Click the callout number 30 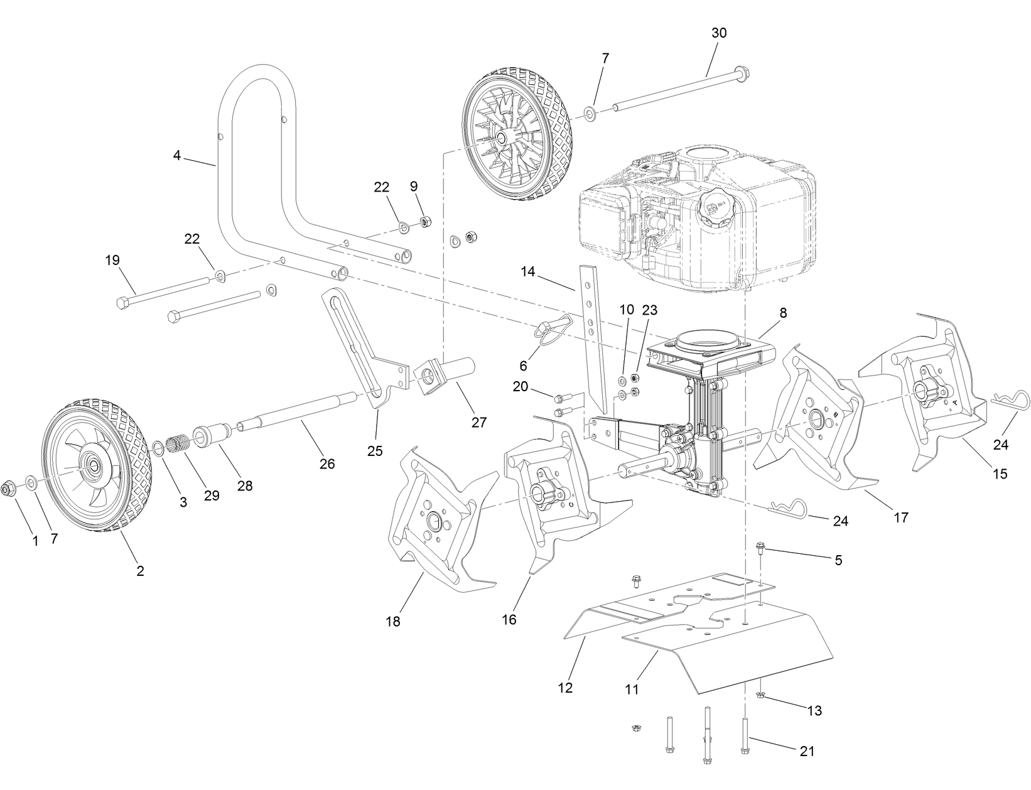[x=718, y=33]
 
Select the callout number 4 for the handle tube [x=177, y=155]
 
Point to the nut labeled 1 [x=9, y=487]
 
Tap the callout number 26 [x=327, y=464]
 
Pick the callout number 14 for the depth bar [x=528, y=272]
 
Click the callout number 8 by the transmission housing [x=782, y=312]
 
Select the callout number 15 [x=1000, y=473]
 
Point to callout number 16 [x=509, y=620]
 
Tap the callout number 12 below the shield [x=565, y=688]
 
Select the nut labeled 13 [x=760, y=695]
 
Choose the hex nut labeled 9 [x=423, y=221]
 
